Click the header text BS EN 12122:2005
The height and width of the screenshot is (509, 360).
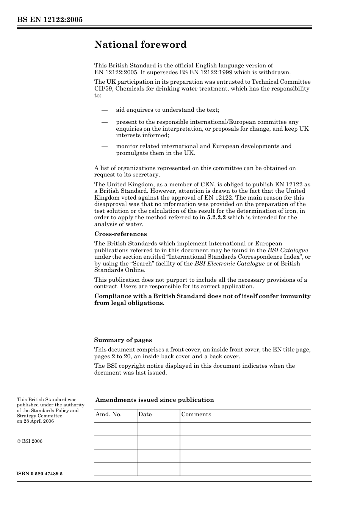(50, 20)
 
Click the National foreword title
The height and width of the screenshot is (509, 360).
(140, 45)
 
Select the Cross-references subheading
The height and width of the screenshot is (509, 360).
(121, 234)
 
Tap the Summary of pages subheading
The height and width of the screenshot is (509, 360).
(123, 340)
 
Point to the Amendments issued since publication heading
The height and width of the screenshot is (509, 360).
(155, 400)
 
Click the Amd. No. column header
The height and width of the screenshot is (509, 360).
(109, 414)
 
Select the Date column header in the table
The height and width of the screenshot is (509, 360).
(145, 414)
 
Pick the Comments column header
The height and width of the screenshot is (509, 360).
(196, 414)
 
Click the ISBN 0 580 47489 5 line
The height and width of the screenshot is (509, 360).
(40, 474)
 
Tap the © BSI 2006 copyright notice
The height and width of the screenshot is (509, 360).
(30, 441)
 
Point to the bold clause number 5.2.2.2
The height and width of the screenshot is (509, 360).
(216, 217)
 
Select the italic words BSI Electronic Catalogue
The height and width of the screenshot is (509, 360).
(230, 264)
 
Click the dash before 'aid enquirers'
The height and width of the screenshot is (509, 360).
(105, 110)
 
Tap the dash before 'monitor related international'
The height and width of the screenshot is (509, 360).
(105, 146)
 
